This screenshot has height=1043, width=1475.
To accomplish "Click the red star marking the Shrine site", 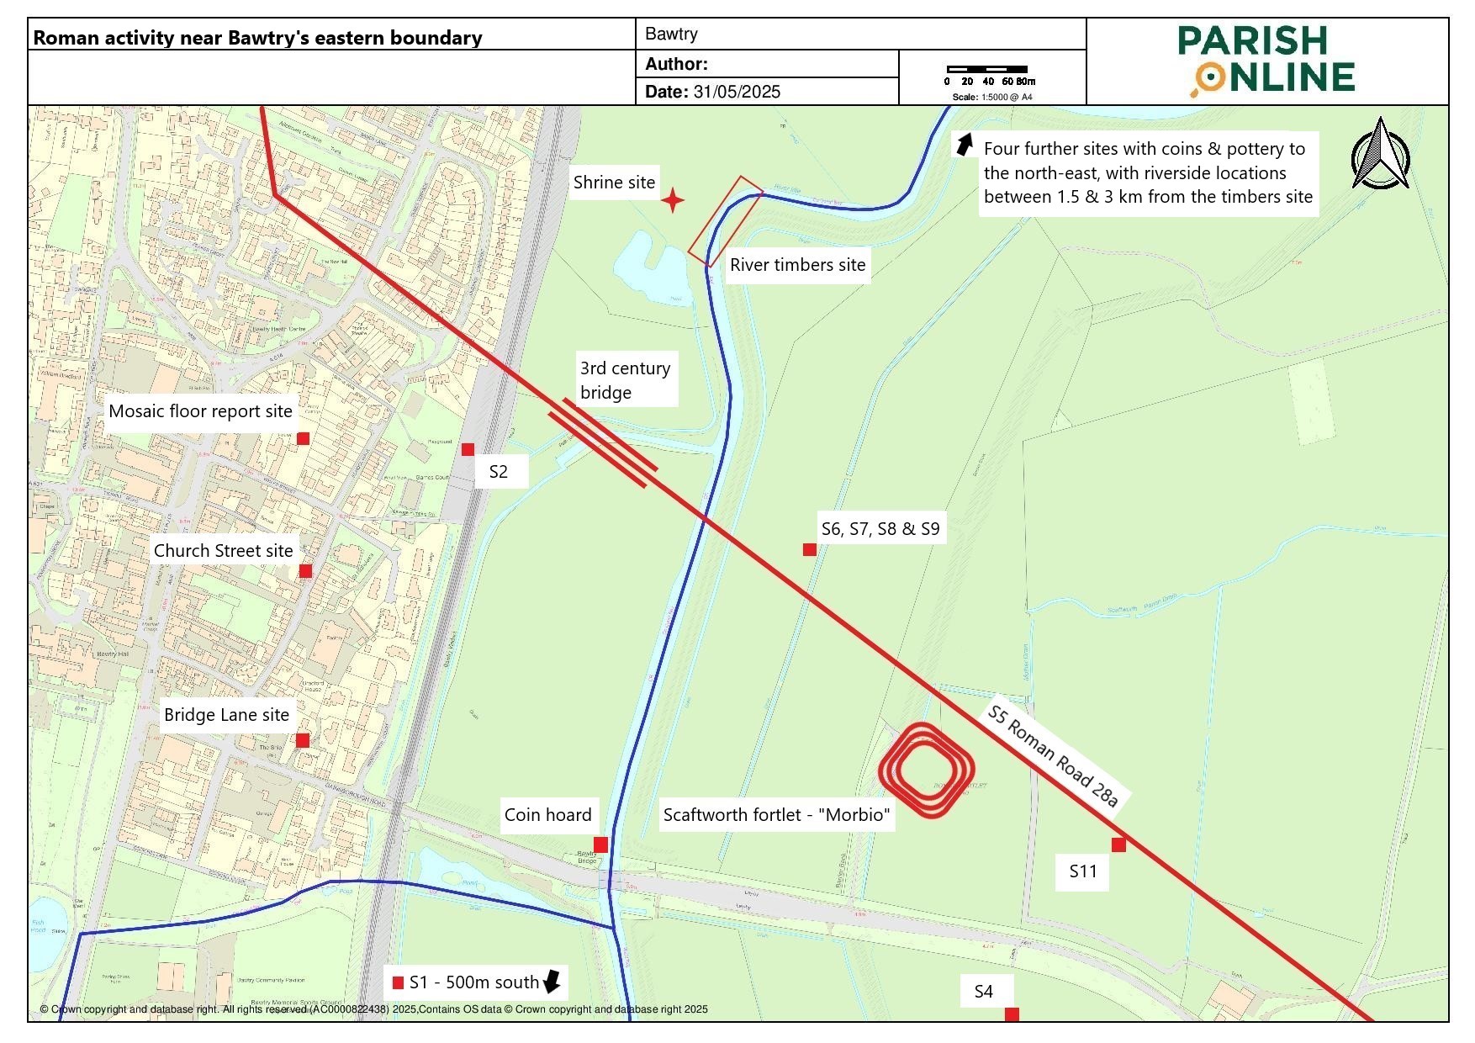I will click(672, 201).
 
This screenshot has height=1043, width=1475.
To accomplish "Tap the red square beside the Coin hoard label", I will click(600, 844).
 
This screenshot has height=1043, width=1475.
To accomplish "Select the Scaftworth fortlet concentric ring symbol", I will click(927, 770).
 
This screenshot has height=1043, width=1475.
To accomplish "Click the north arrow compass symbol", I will click(1380, 155).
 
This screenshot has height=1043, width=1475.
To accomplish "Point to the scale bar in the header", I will click(986, 70).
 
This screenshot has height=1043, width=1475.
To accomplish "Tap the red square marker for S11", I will click(1118, 844).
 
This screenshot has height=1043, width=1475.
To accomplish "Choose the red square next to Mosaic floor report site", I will click(304, 438).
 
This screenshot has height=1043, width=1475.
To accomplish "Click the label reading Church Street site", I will click(223, 551).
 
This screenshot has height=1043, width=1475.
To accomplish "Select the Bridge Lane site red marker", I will click(303, 740).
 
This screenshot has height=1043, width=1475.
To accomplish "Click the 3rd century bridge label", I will click(625, 380).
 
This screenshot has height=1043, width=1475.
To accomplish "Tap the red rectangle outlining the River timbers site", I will click(725, 221).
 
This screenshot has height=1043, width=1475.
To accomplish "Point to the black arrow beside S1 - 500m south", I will click(552, 981).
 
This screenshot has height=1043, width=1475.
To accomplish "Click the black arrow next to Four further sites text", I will click(964, 144).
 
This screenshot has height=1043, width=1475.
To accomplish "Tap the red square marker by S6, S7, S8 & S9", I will click(810, 549).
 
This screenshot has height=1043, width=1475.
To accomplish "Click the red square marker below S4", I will click(1012, 1014).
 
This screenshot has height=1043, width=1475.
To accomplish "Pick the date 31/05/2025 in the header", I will click(737, 92).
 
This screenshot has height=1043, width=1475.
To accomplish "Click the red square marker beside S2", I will click(468, 449).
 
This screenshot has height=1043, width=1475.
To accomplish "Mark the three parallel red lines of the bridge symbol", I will click(602, 443).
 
